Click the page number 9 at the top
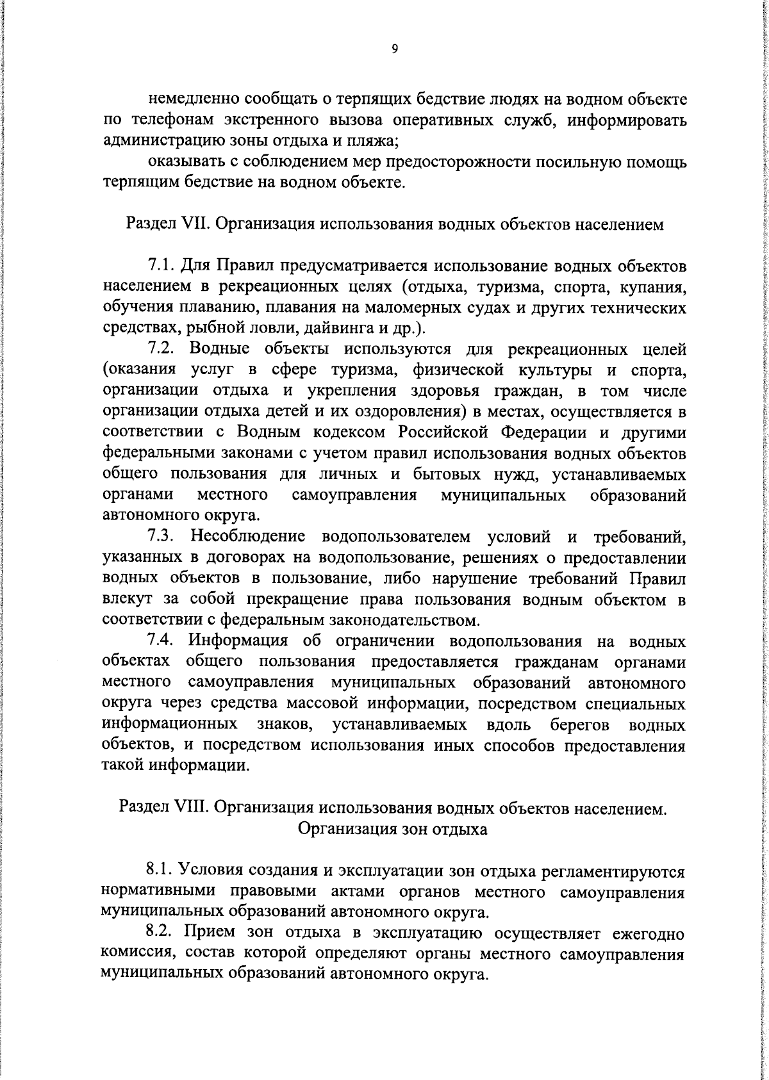tap(394, 49)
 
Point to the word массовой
tap(324, 704)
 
